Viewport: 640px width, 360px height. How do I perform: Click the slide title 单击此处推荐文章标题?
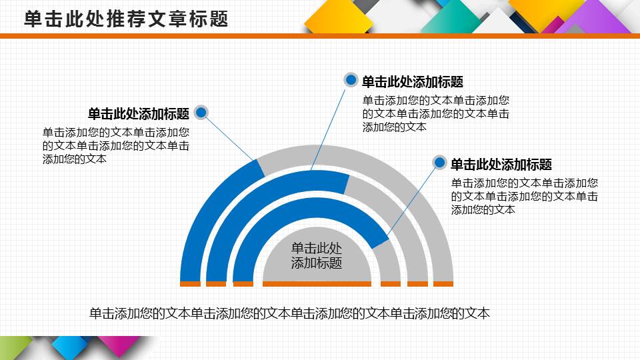[x=127, y=19]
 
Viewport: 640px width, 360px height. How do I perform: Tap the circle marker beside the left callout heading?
[x=202, y=113]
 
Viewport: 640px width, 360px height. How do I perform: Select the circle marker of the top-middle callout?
[x=351, y=81]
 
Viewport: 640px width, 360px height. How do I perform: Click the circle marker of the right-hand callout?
[x=440, y=163]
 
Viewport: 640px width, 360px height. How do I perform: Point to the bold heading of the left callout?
[x=139, y=113]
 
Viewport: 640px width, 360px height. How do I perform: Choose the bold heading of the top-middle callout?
[x=412, y=82]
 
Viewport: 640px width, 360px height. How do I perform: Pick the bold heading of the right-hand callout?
[x=501, y=165]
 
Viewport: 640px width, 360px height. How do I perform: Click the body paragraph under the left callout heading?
[x=116, y=145]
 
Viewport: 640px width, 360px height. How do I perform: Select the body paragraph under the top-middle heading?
[x=436, y=113]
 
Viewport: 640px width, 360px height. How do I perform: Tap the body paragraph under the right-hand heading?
[x=524, y=196]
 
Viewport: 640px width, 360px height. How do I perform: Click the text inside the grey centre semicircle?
[x=317, y=255]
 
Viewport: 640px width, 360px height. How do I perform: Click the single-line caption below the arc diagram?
[x=289, y=313]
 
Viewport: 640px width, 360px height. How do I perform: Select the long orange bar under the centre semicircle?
[x=317, y=284]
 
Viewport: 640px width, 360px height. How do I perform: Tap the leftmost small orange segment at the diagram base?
[x=190, y=284]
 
